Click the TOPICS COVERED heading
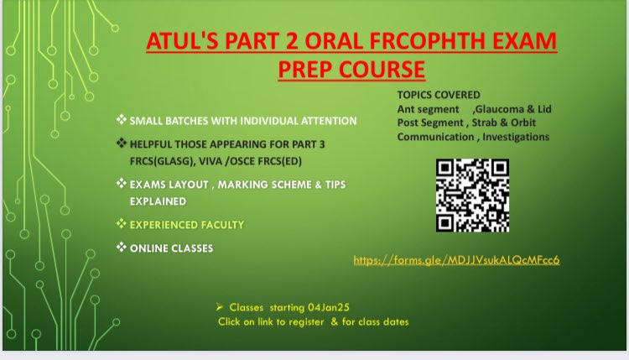pos(439,95)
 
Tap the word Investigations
pos(512,136)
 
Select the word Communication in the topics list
pos(432,136)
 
